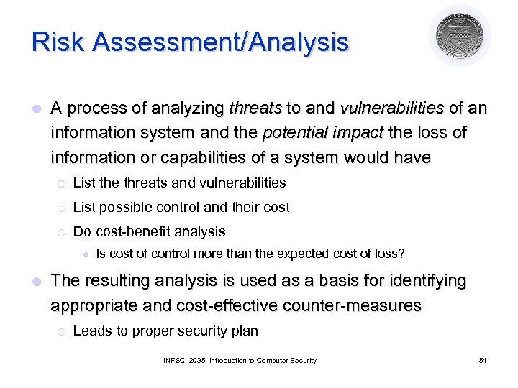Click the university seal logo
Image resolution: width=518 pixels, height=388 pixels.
click(460, 36)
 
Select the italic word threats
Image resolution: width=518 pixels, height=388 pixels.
click(255, 108)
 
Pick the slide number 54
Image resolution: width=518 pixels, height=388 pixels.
click(482, 360)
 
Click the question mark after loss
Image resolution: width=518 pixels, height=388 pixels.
click(401, 254)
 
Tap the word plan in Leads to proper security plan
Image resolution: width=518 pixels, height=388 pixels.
click(245, 331)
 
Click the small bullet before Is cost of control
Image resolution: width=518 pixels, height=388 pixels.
click(85, 254)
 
